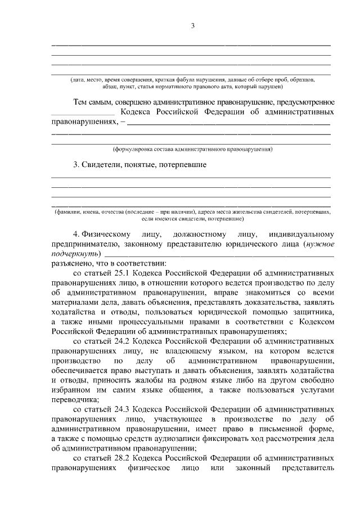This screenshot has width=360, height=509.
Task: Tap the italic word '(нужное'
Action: (318, 244)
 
